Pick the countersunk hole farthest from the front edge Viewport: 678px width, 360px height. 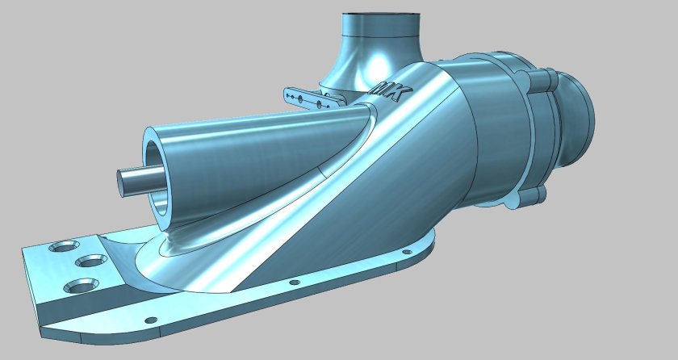click(61, 247)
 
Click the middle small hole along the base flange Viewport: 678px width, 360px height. click(294, 283)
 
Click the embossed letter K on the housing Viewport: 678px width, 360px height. click(398, 95)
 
